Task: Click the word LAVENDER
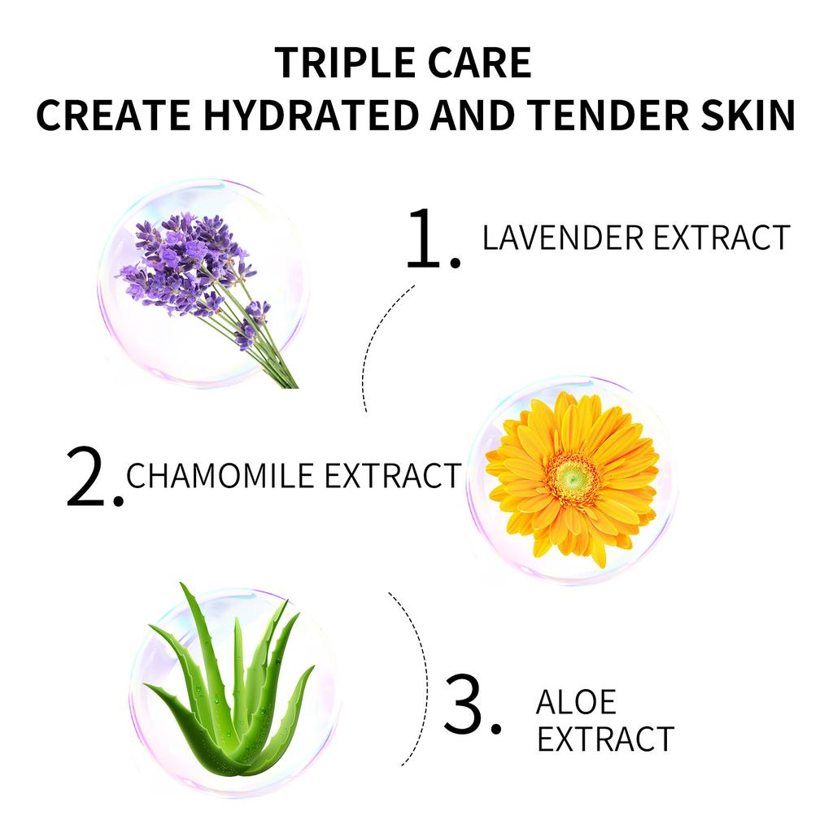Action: click(x=563, y=238)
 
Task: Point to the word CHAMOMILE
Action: click(x=220, y=475)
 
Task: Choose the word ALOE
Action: click(x=577, y=702)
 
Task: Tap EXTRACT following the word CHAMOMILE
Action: click(x=393, y=475)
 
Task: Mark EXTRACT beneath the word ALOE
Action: click(x=605, y=739)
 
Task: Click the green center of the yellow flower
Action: click(x=572, y=480)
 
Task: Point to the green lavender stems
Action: click(x=255, y=340)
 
